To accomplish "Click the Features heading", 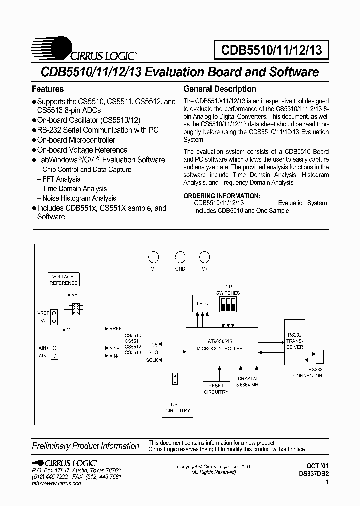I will coord(48,89).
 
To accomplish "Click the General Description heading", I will coord(220,89).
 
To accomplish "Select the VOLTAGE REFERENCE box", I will coord(63,279).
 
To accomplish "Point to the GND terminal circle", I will coord(180,257).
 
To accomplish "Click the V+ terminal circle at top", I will coord(204,257).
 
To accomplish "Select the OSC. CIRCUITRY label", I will coord(178,407).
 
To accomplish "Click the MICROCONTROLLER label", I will coord(220,348).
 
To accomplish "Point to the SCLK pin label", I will coord(152,360).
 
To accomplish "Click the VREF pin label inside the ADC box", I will coord(116,329).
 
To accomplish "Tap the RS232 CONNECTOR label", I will coord(308,373).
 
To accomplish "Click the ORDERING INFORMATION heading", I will coord(222,196).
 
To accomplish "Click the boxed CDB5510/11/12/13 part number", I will coord(272,50).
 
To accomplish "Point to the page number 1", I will coord(327,482).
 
